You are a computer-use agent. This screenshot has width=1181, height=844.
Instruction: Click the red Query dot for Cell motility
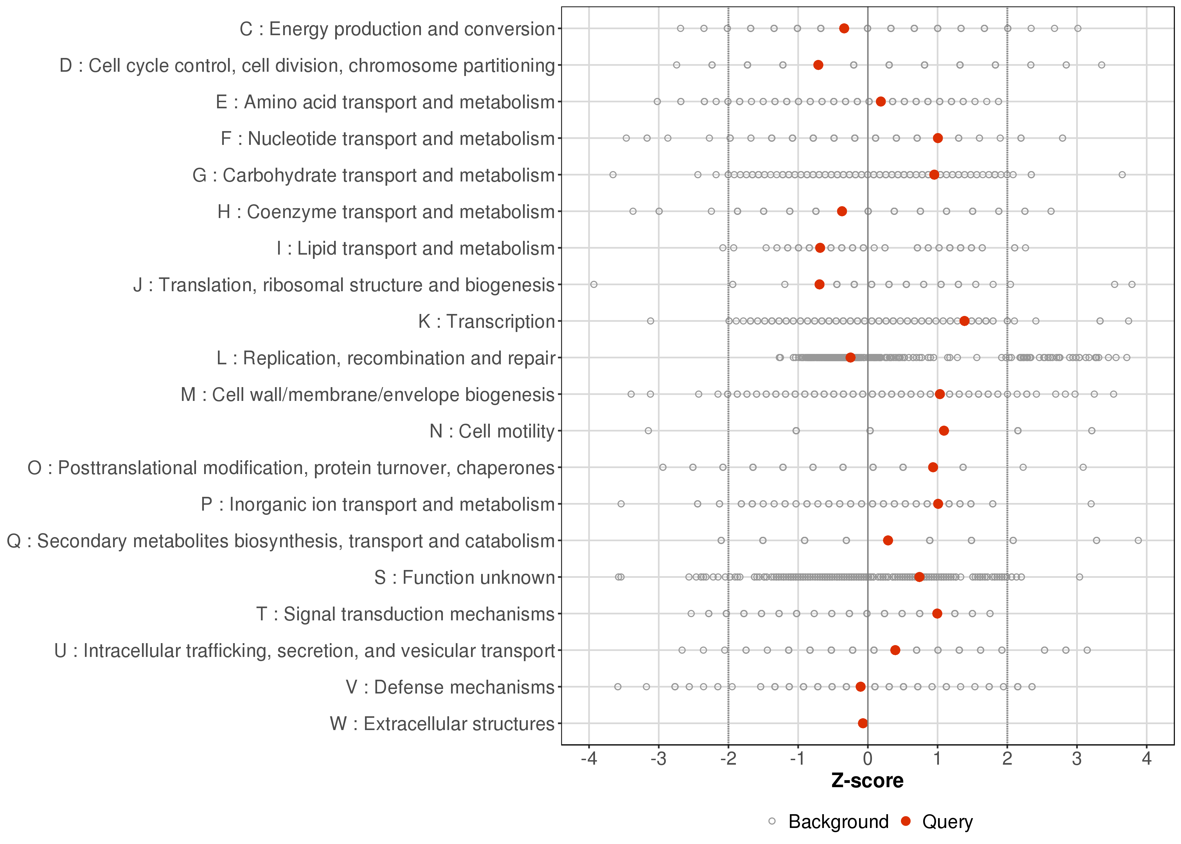pyautogui.click(x=944, y=430)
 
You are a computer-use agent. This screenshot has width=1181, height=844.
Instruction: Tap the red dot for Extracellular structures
pyautogui.click(x=863, y=723)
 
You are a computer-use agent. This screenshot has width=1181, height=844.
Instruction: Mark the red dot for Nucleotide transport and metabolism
pyautogui.click(x=937, y=138)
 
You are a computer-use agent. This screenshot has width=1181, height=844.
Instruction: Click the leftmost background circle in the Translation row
pyautogui.click(x=594, y=284)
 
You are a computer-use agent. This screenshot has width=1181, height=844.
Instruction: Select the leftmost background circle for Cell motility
pyautogui.click(x=648, y=430)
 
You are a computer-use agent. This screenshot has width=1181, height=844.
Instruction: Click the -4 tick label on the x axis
pyautogui.click(x=589, y=759)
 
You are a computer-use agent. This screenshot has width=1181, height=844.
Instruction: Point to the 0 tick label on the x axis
pyautogui.click(x=867, y=759)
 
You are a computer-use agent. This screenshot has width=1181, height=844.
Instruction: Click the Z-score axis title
pyautogui.click(x=867, y=781)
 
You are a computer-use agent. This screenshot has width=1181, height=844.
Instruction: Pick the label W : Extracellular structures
pyautogui.click(x=442, y=723)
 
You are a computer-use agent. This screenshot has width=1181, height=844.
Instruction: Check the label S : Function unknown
pyautogui.click(x=464, y=577)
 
